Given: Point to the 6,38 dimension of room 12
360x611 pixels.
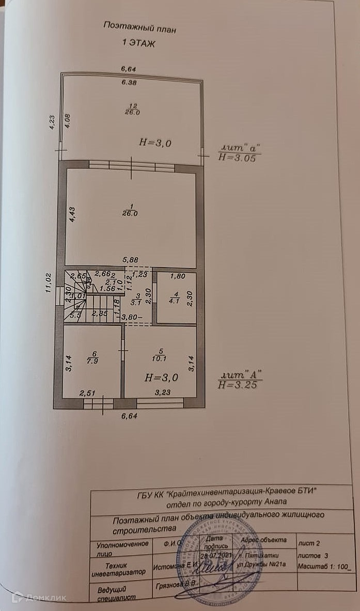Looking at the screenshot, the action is pos(129,82).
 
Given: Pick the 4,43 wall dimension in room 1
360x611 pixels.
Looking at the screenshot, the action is pos(73,214).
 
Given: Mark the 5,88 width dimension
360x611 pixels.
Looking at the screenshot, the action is pos(130,259).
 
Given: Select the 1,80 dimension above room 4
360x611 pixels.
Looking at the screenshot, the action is pos(177,277).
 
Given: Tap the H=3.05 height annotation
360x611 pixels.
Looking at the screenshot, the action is pos(237,159).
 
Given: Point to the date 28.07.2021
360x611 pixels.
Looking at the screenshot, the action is pos(213,554).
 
